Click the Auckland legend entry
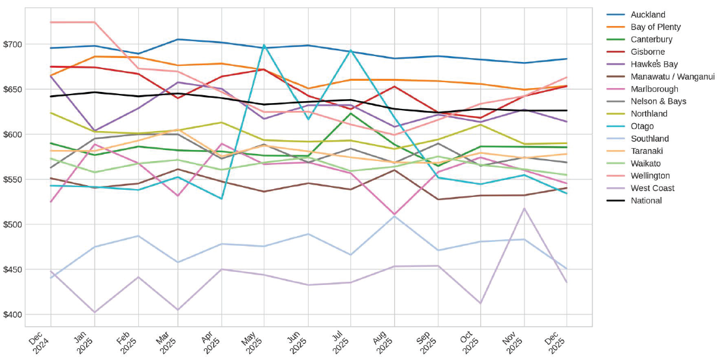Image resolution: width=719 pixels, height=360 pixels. (648, 14)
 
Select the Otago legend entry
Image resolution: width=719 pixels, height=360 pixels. (642, 126)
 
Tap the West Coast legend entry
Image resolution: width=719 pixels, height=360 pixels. (652, 188)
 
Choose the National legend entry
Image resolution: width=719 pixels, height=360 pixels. (646, 200)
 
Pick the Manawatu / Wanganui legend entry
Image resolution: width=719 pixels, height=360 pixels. (664, 76)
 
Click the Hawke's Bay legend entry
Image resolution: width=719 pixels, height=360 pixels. (654, 64)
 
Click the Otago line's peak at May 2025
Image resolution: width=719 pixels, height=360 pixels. (264, 46)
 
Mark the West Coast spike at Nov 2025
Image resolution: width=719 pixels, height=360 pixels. (524, 209)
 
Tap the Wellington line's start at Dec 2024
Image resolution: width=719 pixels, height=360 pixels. (51, 22)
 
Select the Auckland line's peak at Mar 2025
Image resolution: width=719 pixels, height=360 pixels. (179, 39)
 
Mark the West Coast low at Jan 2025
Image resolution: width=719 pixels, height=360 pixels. (95, 312)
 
